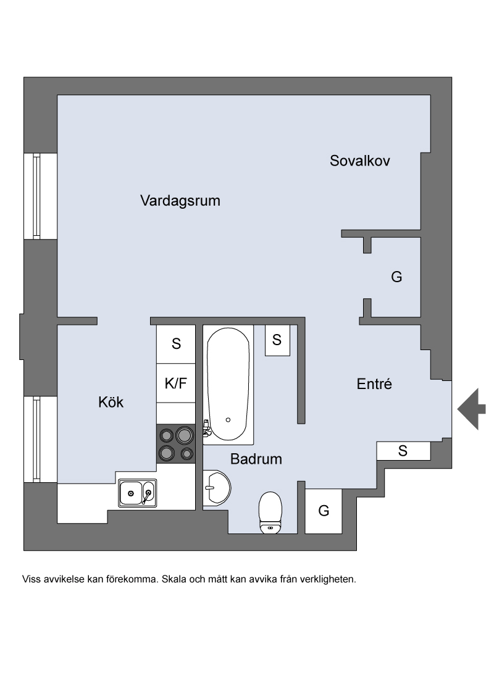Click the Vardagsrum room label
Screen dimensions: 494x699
pyautogui.click(x=180, y=201)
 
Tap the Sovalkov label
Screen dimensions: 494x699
pyautogui.click(x=360, y=161)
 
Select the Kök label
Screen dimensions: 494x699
pyautogui.click(x=111, y=402)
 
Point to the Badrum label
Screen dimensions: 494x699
pyautogui.click(x=256, y=459)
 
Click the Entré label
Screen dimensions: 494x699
pyautogui.click(x=374, y=384)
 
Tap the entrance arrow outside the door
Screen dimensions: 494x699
pyautogui.click(x=471, y=409)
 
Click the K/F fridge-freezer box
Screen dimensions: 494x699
pyautogui.click(x=175, y=383)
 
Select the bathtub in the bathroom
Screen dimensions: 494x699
pyautogui.click(x=228, y=385)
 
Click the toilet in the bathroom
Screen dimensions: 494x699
pyautogui.click(x=270, y=513)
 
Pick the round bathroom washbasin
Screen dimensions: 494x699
pyautogui.click(x=217, y=488)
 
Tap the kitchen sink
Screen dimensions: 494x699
pyautogui.click(x=137, y=493)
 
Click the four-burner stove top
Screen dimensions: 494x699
pyautogui.click(x=175, y=444)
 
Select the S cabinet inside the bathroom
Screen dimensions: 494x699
pyautogui.click(x=277, y=340)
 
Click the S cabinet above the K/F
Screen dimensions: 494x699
pyautogui.click(x=175, y=344)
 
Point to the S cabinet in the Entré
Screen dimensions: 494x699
pyautogui.click(x=403, y=451)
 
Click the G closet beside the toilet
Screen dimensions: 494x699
pyautogui.click(x=323, y=511)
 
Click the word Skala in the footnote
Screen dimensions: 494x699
pyautogui.click(x=174, y=580)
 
